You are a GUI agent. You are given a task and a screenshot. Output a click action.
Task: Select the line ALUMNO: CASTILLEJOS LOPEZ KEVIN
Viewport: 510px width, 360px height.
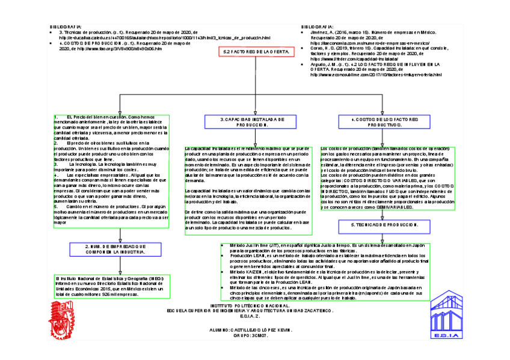coord(251,330)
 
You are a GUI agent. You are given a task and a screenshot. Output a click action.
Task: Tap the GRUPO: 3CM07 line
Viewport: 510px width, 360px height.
coord(251,335)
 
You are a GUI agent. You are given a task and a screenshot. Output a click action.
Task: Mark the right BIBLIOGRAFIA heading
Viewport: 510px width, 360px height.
coord(317,26)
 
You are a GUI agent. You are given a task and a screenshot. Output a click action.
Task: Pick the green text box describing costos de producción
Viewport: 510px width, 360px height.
coord(387,178)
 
